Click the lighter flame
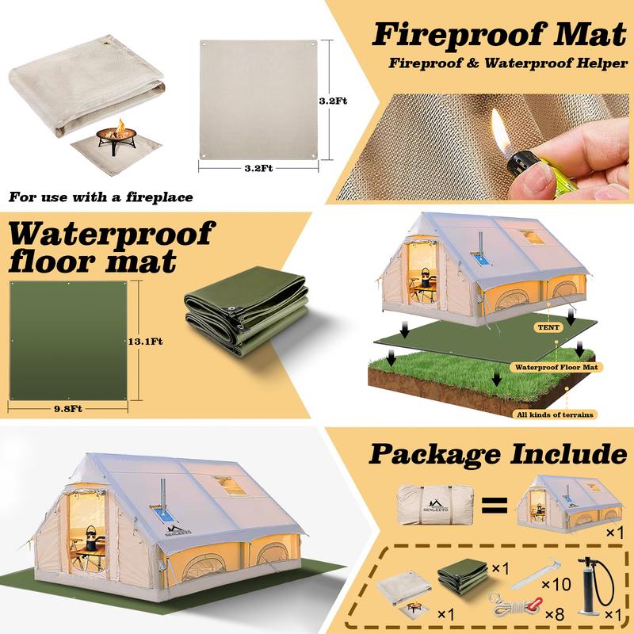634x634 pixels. point(498,127)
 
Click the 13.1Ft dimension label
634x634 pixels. point(145,342)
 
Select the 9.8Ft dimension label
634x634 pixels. point(68,408)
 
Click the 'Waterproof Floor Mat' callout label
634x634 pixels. point(558,367)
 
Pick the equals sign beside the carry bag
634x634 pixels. point(492,504)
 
